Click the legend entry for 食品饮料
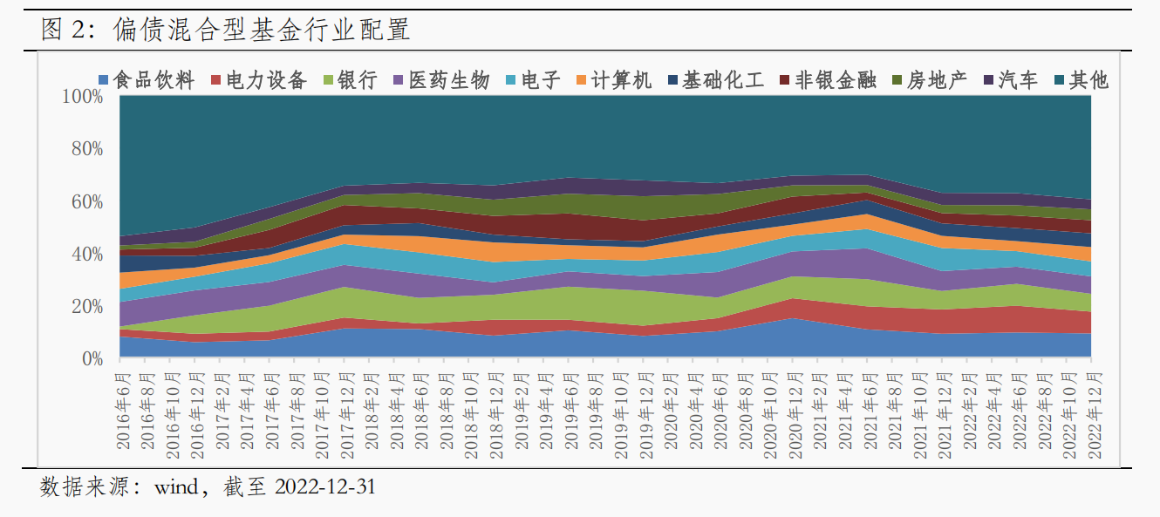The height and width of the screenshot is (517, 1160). pos(147,80)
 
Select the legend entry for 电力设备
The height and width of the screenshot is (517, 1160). pos(259,80)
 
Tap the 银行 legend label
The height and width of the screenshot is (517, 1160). pos(351,80)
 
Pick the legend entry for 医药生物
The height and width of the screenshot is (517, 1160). pos(441,80)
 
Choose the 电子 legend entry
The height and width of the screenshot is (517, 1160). pos(534,80)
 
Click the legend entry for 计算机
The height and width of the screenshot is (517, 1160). pos(614,80)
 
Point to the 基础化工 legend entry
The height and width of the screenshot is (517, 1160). pos(716,80)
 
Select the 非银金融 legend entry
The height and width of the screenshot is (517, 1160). pos(829,80)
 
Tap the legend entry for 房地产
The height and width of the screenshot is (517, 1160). pos(930,80)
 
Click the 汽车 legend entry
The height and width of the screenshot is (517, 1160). pos(1011,80)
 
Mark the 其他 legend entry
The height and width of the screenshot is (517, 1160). pos(1082,80)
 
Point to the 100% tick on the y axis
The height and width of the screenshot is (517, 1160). pos(82,96)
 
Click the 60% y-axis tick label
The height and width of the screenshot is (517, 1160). pos(87,202)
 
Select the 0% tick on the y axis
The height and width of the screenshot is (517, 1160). pos(92,359)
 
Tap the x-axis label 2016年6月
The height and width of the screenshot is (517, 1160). pos(123,412)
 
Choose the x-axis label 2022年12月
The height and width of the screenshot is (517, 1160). pos(1095,416)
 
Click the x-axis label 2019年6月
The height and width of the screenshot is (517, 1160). pos(571,412)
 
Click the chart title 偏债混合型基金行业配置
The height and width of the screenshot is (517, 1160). pos(262,29)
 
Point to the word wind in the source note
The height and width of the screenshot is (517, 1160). pos(176,487)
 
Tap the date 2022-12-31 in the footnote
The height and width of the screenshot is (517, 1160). pos(325,487)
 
